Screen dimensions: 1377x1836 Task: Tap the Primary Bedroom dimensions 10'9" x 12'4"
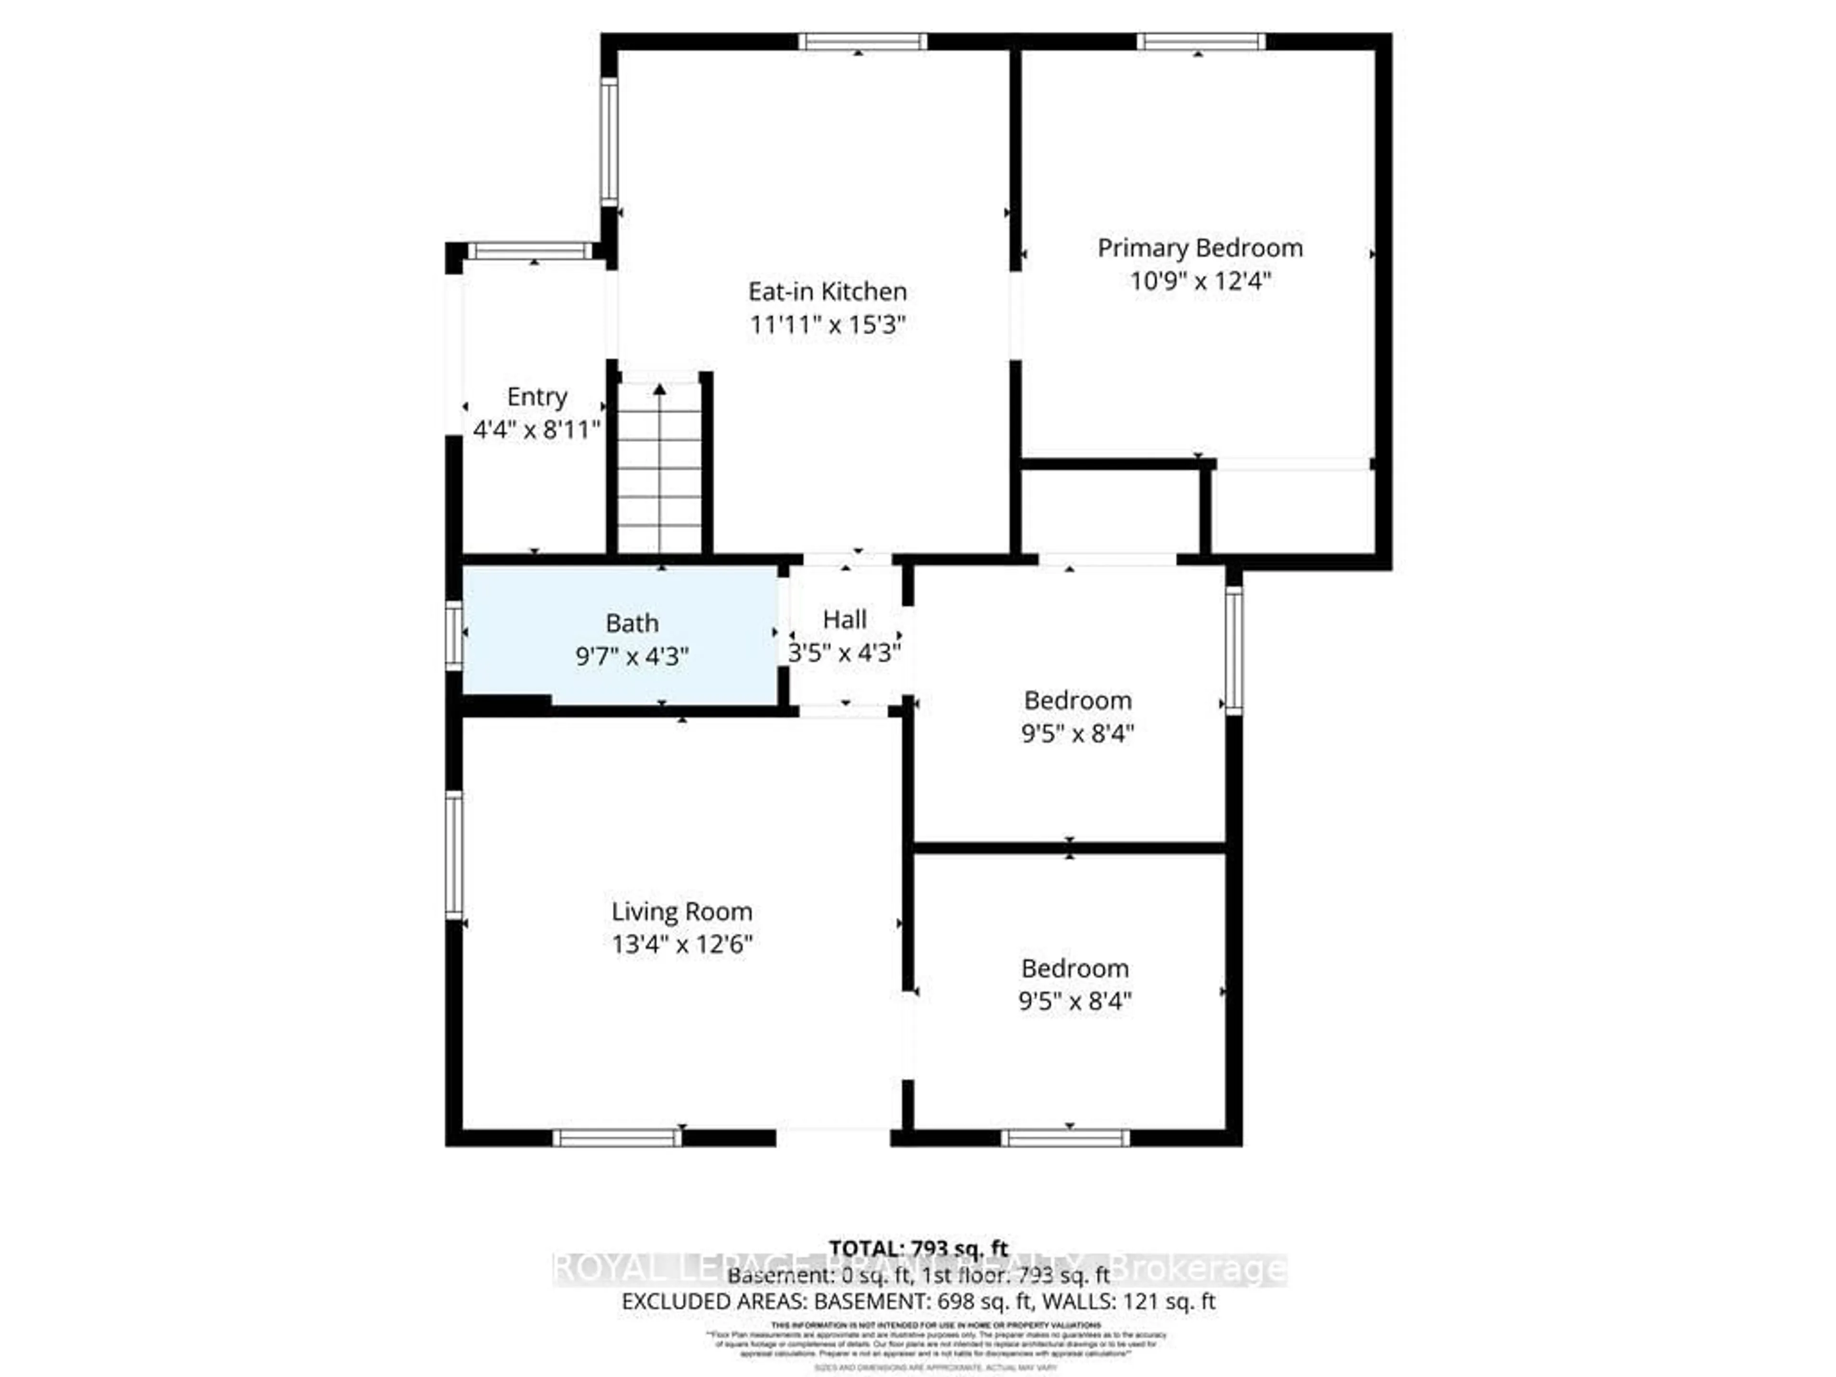[x=1199, y=281]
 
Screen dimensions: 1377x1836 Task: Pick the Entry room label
[x=537, y=397]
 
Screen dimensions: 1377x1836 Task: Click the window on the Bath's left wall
[x=453, y=636]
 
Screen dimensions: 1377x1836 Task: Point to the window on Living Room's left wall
[x=453, y=855]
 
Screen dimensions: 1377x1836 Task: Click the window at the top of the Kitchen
[x=863, y=42]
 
